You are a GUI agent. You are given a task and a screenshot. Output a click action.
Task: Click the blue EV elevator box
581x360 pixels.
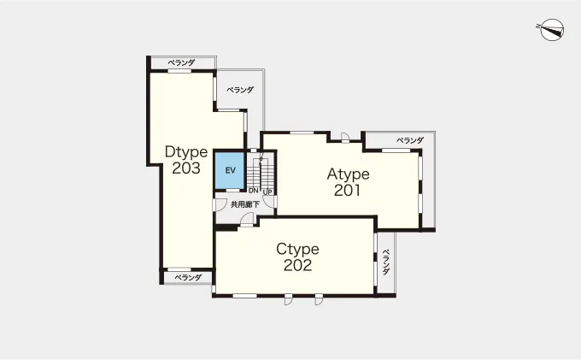tap(230, 170)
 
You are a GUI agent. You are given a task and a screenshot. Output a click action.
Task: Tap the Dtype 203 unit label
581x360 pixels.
tap(186, 160)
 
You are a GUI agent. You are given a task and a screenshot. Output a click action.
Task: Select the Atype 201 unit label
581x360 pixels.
tap(348, 182)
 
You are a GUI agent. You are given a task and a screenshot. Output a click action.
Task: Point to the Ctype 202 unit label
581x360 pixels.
tap(297, 257)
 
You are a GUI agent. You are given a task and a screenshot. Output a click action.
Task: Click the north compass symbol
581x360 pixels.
tap(552, 30)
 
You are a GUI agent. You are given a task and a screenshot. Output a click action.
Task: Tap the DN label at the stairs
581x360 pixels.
tap(254, 191)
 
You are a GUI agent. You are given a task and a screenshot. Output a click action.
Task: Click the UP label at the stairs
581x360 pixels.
tap(267, 192)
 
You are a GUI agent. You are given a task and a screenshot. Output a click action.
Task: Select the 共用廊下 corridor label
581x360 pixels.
tap(245, 204)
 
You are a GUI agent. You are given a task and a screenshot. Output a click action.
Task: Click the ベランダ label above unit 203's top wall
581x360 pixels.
tap(181, 62)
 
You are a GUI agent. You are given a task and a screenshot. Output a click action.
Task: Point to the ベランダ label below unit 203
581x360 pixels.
tap(188, 277)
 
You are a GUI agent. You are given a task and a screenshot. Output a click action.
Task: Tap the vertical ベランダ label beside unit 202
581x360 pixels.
tap(386, 263)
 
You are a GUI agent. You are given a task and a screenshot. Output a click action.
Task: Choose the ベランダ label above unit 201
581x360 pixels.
tap(410, 140)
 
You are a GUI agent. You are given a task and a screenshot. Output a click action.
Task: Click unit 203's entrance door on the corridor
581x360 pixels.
tap(220, 205)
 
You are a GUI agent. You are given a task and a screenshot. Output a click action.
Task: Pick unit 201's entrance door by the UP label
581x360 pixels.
tap(271, 202)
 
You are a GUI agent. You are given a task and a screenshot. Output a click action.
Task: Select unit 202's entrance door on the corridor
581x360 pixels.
tap(246, 220)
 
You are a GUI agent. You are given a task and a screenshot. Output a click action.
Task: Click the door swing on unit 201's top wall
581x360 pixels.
tap(345, 138)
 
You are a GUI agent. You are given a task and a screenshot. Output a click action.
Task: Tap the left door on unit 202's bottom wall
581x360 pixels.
tap(288, 299)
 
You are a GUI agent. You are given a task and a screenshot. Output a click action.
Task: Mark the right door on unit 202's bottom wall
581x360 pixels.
tap(319, 299)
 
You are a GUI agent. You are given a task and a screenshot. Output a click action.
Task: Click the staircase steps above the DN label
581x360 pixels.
tap(254, 174)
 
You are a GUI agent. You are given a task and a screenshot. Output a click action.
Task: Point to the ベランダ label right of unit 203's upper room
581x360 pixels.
tap(240, 90)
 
